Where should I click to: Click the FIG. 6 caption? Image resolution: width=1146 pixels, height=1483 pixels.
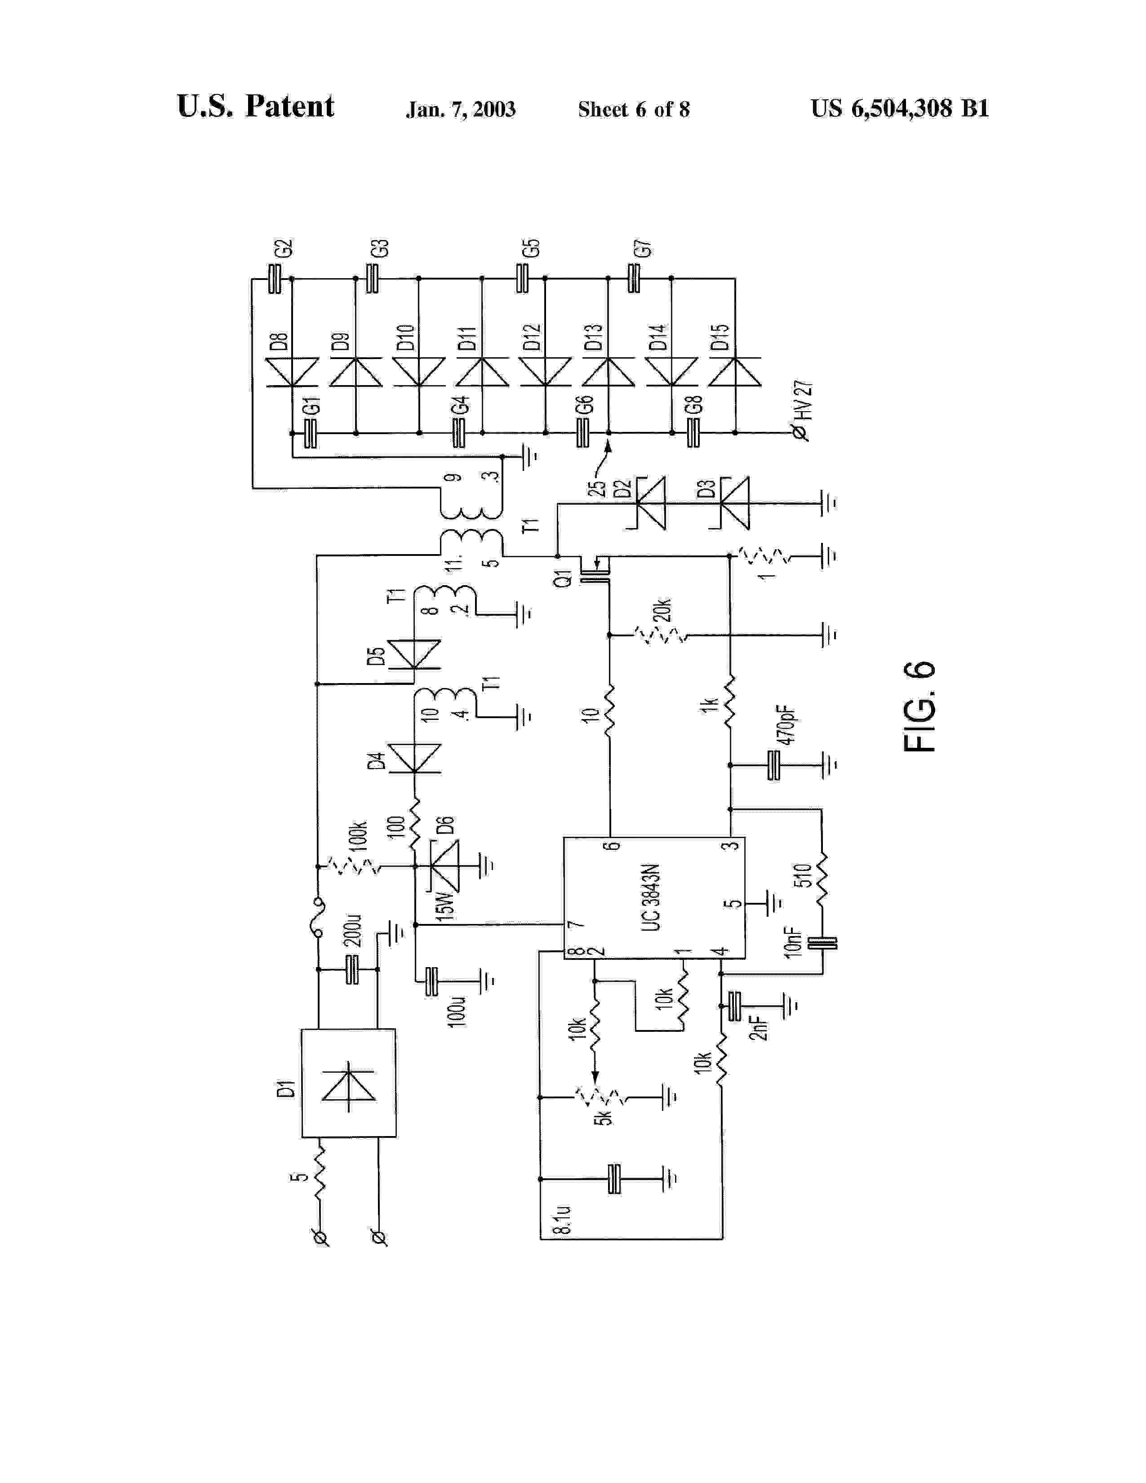[x=920, y=706]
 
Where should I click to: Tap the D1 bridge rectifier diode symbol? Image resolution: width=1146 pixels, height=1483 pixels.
[x=348, y=1084]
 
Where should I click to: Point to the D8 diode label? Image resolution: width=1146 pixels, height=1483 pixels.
[x=279, y=342]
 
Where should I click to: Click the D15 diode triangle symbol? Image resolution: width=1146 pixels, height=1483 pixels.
[x=735, y=372]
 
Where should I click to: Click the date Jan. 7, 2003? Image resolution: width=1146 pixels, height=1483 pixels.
[x=460, y=109]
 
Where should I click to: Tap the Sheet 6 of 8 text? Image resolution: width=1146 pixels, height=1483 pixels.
[x=633, y=109]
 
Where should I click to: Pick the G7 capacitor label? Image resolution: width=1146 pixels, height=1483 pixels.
[x=642, y=249]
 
